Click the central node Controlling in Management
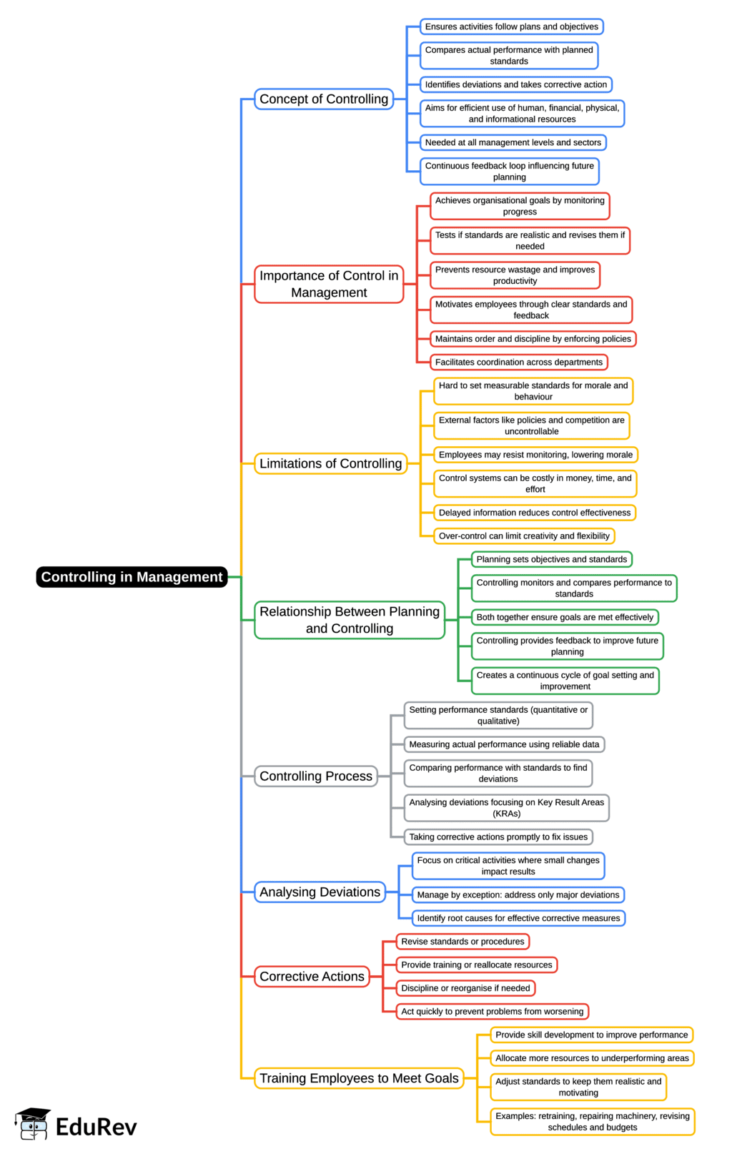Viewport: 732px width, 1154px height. [132, 577]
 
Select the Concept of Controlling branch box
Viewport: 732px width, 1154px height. [323, 99]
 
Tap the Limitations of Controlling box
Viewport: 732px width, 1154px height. [330, 463]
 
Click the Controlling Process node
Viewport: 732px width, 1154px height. [316, 776]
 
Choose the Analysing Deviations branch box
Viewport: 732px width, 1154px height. [320, 892]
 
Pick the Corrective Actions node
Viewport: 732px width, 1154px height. [312, 976]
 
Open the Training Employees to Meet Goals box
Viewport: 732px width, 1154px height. [359, 1077]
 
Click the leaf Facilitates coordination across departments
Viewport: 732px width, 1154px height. [518, 362]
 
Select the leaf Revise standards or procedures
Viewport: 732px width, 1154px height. [463, 941]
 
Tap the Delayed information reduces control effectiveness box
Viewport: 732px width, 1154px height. [534, 513]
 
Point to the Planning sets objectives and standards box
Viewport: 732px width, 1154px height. [551, 559]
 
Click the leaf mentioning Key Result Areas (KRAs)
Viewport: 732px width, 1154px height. [506, 808]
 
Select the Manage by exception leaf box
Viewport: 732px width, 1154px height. [518, 894]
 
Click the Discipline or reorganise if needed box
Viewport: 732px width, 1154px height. [465, 987]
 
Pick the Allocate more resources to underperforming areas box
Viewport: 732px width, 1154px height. [592, 1057]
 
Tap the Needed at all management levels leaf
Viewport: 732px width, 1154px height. [513, 142]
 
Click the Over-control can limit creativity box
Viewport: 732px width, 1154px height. [524, 536]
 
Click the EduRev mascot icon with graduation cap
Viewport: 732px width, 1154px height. [32, 1125]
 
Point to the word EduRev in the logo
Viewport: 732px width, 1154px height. [96, 1127]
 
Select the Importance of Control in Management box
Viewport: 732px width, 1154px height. [329, 284]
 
